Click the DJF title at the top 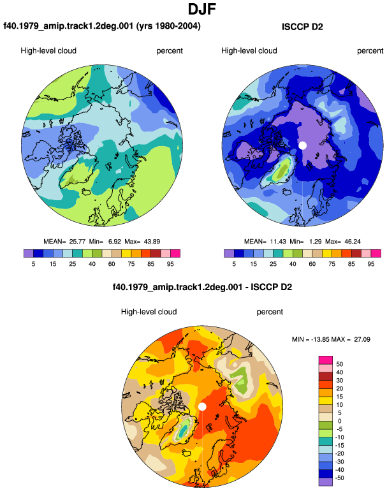(x=202, y=9)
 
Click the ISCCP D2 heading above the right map (x=302, y=27)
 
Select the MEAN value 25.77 (x=77, y=242)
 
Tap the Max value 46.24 (x=352, y=242)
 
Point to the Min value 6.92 (x=115, y=242)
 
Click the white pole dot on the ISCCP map (x=302, y=145)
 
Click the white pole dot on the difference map (x=202, y=406)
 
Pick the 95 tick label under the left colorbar (x=170, y=264)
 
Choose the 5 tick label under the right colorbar (x=234, y=264)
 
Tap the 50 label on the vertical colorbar (x=339, y=364)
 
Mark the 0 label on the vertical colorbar (x=339, y=421)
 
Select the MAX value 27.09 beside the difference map (x=362, y=339)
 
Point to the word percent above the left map (x=170, y=51)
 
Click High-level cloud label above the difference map (x=149, y=312)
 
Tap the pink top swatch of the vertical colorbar (x=326, y=360)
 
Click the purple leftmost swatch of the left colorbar (x=29, y=253)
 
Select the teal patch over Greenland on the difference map (x=184, y=430)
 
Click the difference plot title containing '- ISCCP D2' (x=202, y=287)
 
